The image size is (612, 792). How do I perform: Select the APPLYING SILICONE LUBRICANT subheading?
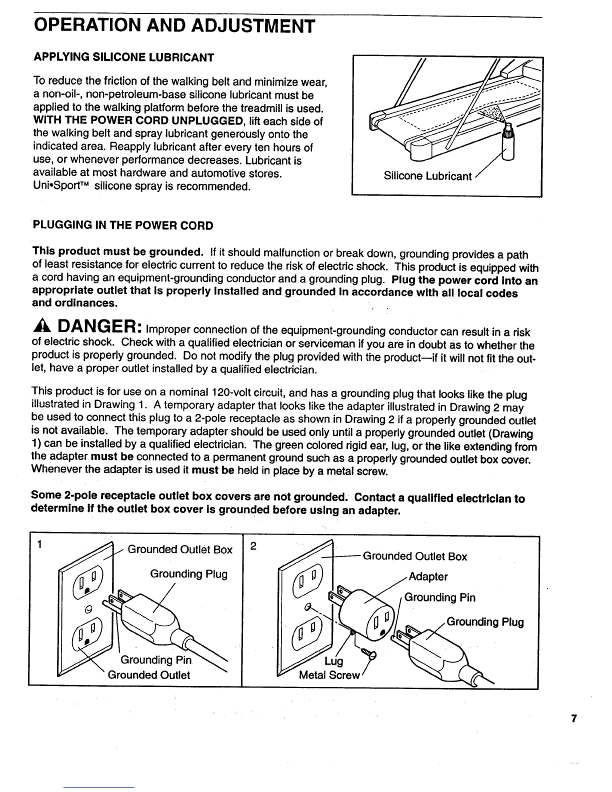point(123,57)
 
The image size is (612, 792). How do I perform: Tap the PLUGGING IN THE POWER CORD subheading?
point(123,225)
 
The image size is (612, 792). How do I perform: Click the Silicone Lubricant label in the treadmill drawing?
point(427,176)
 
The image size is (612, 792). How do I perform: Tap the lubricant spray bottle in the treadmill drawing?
point(507,148)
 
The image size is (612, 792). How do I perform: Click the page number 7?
point(574,719)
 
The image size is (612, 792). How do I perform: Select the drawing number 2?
point(253,546)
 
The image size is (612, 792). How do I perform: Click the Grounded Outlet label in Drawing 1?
point(149,675)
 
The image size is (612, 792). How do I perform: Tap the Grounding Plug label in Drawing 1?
point(188,574)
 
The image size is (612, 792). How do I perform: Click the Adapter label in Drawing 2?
point(428,576)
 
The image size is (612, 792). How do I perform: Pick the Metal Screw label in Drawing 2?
point(329,675)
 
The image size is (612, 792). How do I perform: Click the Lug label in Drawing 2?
point(333,661)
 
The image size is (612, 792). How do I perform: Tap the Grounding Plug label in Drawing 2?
point(484,622)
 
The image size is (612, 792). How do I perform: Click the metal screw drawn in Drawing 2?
point(369,652)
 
